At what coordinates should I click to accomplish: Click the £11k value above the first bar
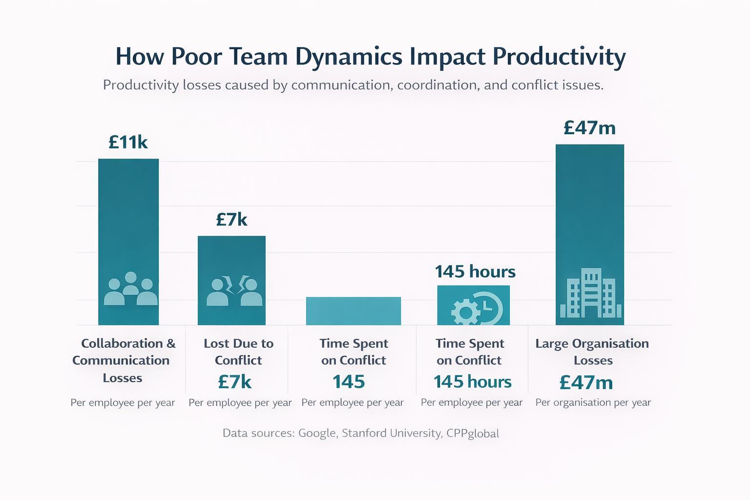[128, 142]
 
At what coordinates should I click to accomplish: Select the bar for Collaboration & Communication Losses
[128, 220]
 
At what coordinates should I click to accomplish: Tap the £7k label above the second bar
[231, 220]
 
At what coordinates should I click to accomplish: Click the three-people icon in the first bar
[131, 289]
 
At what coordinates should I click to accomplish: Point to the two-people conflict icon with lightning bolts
[234, 291]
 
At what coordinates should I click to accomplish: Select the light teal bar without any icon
[353, 311]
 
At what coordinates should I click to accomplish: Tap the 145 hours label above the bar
[475, 271]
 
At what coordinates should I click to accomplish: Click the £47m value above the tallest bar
[589, 128]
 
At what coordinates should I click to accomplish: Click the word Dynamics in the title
[349, 57]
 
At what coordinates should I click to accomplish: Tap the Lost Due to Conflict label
[238, 352]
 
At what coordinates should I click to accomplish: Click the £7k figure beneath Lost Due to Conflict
[234, 382]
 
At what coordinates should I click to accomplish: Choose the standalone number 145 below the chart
[349, 382]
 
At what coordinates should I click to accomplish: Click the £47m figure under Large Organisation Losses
[586, 383]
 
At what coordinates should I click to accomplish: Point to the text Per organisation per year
[593, 403]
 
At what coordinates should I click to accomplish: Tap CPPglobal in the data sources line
[472, 434]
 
